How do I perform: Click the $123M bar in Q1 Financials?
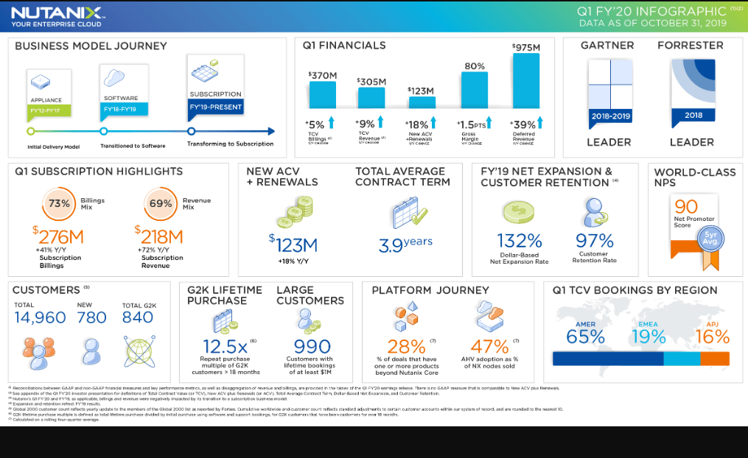[x=421, y=103]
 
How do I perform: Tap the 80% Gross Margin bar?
[x=474, y=91]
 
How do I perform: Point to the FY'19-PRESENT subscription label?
[x=215, y=107]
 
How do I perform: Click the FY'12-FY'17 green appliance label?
[x=49, y=110]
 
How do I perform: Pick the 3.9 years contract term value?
[x=405, y=244]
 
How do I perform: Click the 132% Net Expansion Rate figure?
[x=520, y=241]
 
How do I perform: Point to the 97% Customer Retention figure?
[x=595, y=241]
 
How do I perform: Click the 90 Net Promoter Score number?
[x=685, y=207]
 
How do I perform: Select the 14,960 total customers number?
[x=40, y=317]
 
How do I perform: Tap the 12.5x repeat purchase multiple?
[x=225, y=346]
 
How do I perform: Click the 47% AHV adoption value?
[x=489, y=346]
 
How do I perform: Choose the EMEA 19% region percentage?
[x=648, y=337]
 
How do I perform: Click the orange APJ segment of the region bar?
[x=715, y=359]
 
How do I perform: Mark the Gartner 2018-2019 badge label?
[x=610, y=116]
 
